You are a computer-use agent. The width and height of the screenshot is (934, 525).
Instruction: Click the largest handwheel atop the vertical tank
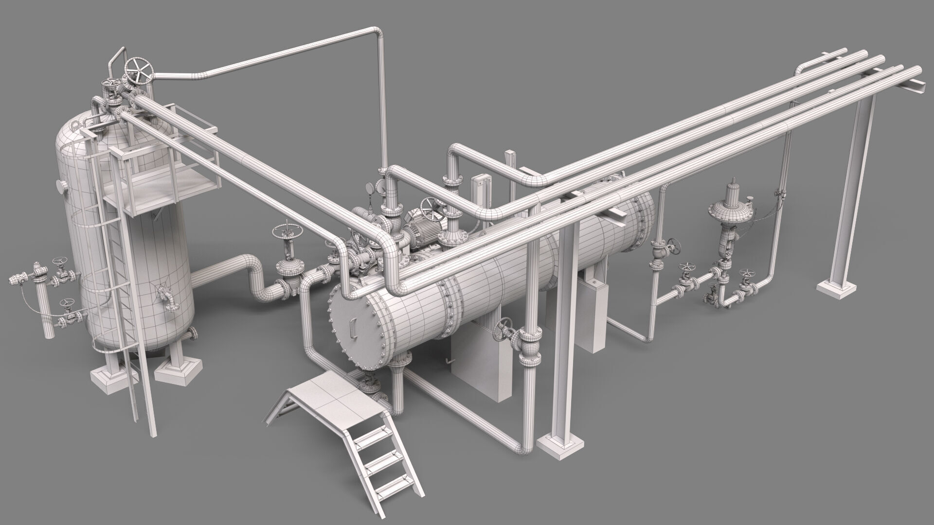tap(139, 71)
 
